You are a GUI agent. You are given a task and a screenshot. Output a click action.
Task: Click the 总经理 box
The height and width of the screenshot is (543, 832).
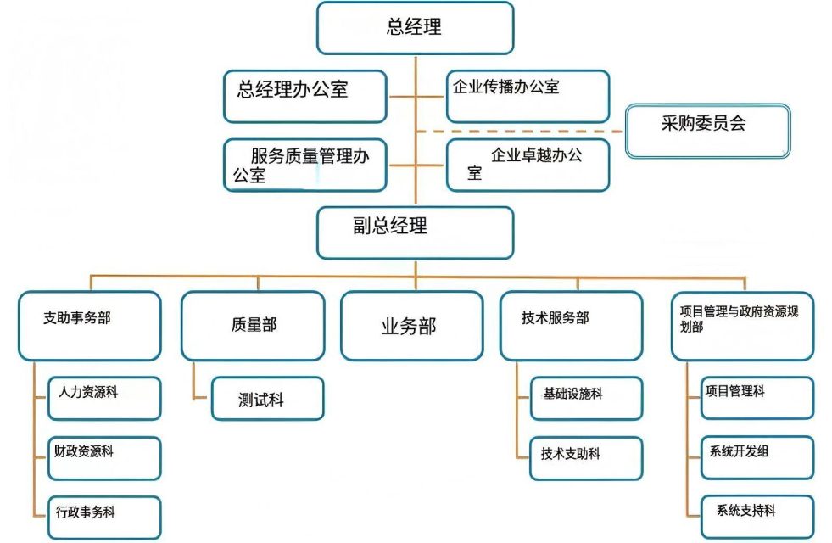point(415,28)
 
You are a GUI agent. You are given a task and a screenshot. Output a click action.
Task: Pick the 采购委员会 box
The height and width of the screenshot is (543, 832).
point(707,130)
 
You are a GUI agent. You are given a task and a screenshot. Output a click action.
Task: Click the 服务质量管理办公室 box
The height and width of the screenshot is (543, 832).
point(305,165)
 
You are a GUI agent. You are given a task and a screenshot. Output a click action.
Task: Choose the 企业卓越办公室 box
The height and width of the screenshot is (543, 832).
point(528,165)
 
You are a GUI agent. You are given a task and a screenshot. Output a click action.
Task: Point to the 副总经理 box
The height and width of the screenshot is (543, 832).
point(415,232)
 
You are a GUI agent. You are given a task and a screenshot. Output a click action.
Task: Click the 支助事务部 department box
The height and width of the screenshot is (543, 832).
point(89,326)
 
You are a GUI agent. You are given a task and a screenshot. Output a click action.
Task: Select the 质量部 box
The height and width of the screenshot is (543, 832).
point(253,326)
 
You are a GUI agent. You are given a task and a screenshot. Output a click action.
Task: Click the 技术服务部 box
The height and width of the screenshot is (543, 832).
point(571,326)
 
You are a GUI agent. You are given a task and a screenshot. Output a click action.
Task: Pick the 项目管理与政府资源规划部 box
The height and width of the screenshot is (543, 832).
point(742,326)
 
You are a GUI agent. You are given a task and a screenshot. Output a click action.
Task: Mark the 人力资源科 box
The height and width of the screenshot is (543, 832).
point(104,398)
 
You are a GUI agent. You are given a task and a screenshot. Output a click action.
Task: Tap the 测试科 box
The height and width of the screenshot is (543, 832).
point(267,398)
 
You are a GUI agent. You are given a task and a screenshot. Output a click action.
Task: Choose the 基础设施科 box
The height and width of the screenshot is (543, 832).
point(587,398)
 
